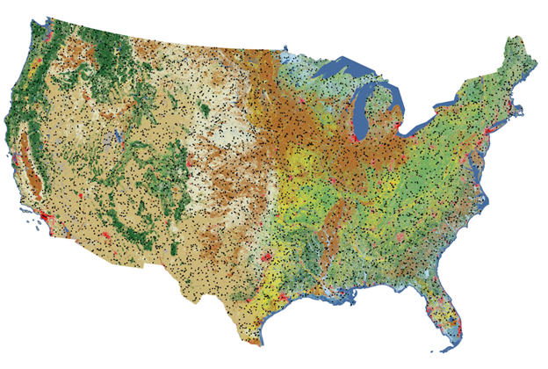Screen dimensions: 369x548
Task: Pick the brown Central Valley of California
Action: [x=33, y=167]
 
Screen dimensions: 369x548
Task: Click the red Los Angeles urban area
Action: [x=44, y=216]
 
